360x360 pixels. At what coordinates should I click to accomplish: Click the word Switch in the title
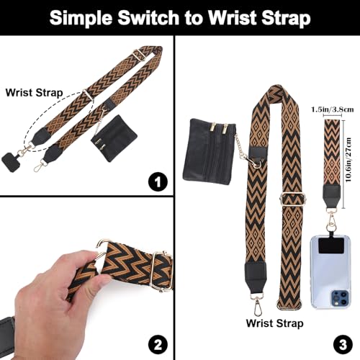coord(156,19)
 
